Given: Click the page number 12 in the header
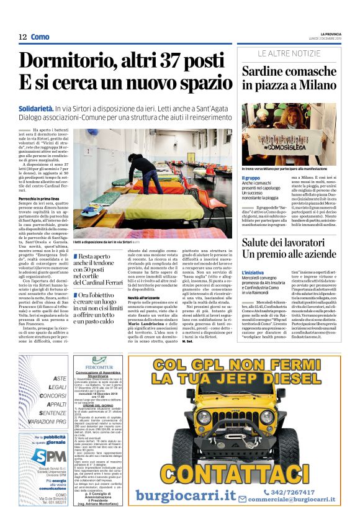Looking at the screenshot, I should [x=22, y=37].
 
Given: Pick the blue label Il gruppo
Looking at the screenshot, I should [x=251, y=178].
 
